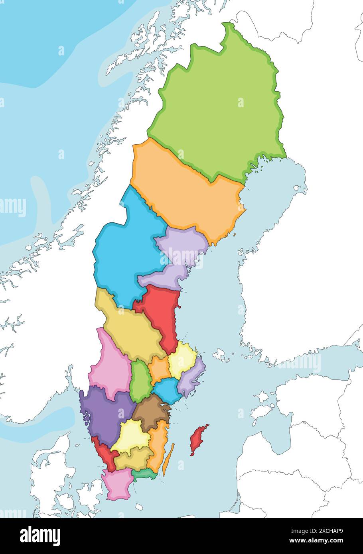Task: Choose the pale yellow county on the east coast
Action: (181, 359)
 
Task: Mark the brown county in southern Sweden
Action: (152, 413)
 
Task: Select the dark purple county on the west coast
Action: (106, 415)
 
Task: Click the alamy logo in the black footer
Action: (40, 536)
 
